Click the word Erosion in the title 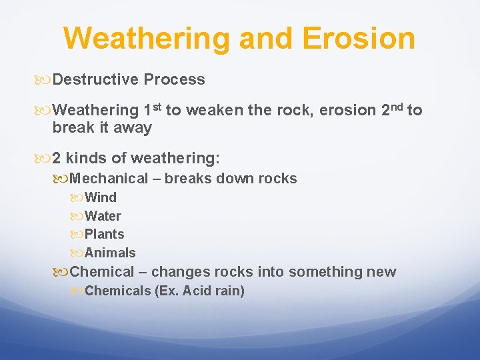click(x=359, y=38)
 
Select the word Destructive click(x=95, y=80)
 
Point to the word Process click(x=175, y=80)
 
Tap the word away click(x=134, y=128)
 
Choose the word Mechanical click(x=109, y=179)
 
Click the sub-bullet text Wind click(x=101, y=197)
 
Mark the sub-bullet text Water click(x=103, y=216)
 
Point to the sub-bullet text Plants click(x=104, y=235)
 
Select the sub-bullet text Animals click(x=110, y=253)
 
